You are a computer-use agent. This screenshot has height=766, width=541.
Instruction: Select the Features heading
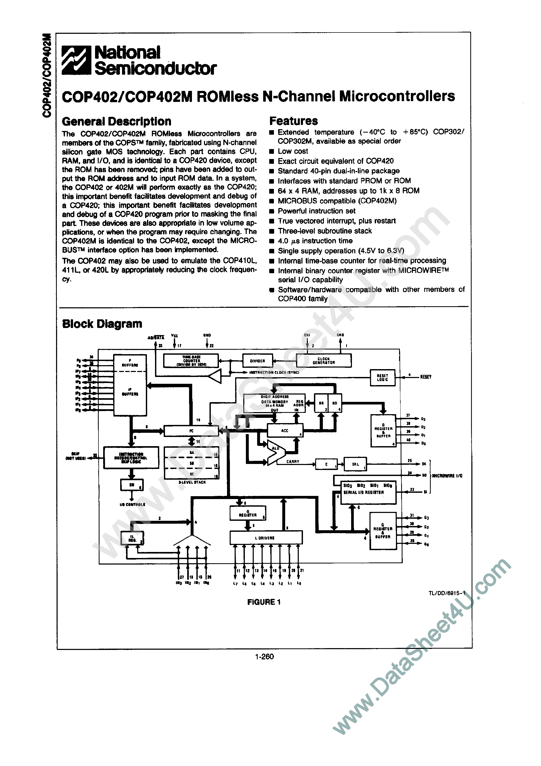(x=294, y=121)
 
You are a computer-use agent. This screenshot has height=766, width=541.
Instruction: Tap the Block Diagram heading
(x=102, y=324)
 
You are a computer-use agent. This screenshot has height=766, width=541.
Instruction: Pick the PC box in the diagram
(x=191, y=431)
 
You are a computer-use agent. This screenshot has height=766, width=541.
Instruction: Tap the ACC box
(x=285, y=431)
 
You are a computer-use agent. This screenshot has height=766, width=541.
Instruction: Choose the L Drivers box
(x=266, y=538)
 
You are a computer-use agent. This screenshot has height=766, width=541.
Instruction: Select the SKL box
(x=356, y=464)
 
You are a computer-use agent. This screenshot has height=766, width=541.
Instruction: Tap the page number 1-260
(x=264, y=656)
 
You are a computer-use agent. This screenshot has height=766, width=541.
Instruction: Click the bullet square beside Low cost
(x=272, y=151)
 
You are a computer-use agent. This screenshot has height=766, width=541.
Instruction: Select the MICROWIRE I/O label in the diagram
(x=447, y=476)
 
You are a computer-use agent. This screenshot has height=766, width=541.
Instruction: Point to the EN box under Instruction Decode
(x=132, y=485)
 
